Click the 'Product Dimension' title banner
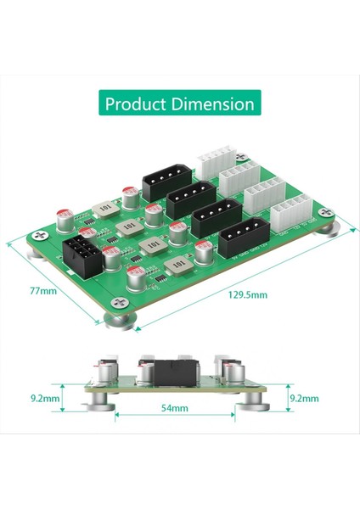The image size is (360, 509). pos(179,104)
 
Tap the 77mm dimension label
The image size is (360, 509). pos(42,290)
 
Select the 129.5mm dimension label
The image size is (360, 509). pos(248,294)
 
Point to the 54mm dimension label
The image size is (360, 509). pos(173,409)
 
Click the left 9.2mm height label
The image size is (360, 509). pos(43,397)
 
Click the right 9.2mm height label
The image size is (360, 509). pos(303,397)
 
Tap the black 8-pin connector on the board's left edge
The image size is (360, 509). pos(83,252)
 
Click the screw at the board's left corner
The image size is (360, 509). pos(37,235)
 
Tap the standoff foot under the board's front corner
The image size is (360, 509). pos(120,320)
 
